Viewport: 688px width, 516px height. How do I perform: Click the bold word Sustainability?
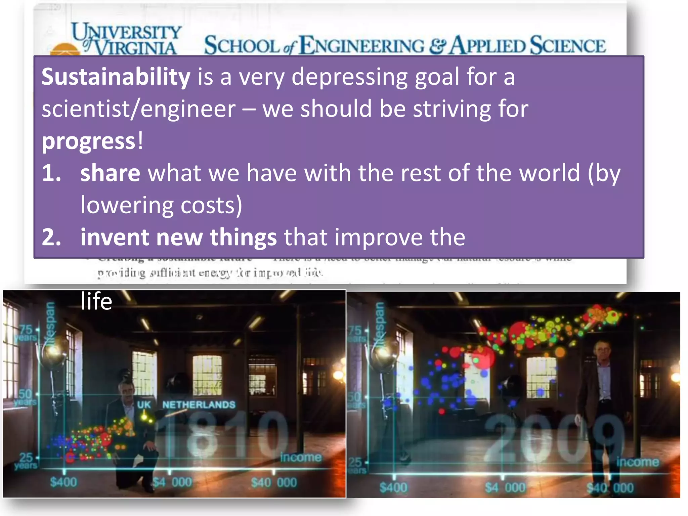[116, 77]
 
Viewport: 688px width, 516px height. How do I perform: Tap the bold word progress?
[92, 141]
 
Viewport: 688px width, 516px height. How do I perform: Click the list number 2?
[51, 238]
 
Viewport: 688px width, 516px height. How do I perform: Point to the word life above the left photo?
[96, 301]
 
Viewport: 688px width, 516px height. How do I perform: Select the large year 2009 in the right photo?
[554, 438]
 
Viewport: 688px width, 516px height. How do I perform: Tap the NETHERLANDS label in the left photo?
[199, 404]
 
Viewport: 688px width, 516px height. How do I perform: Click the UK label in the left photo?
[144, 404]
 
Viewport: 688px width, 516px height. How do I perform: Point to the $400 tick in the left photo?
[63, 482]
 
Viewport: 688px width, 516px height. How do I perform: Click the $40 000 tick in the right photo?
[610, 487]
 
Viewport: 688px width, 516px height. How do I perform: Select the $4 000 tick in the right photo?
[505, 487]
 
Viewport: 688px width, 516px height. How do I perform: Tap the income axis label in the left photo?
[301, 457]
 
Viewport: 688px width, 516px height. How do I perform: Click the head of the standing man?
[603, 351]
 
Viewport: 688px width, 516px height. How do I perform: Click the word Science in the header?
[568, 46]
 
